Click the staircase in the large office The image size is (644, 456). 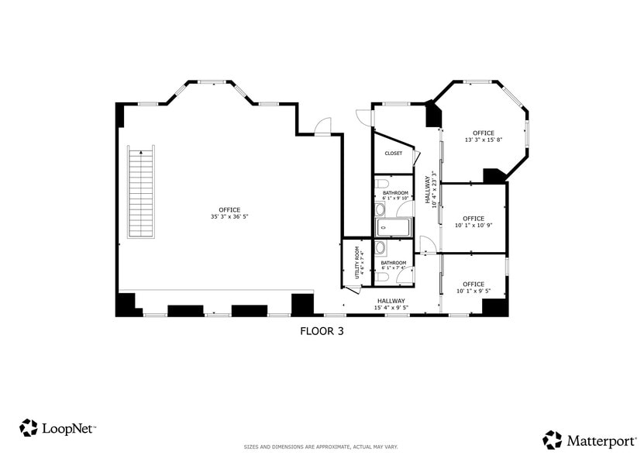point(142,193)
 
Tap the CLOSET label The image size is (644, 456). point(394,154)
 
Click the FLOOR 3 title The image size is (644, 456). point(322,330)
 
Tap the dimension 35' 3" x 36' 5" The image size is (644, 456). point(229,217)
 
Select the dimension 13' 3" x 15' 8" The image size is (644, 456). point(484,140)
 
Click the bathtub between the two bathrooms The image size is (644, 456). point(393,227)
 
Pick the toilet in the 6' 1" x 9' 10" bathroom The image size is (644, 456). point(381,185)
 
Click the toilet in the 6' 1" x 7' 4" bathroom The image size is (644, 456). point(381,276)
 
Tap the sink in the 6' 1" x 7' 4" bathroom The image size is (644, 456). point(381,249)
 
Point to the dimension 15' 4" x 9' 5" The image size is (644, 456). point(391,308)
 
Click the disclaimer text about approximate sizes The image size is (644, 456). point(322,447)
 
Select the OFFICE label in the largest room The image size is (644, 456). point(229,209)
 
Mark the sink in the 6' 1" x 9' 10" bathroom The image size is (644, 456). point(380,209)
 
